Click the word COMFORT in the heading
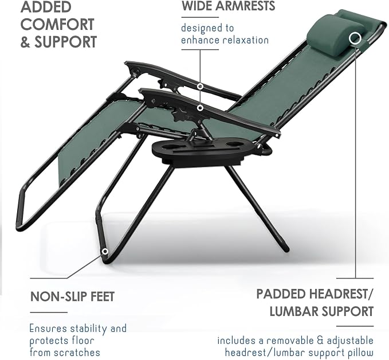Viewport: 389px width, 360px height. point(57,24)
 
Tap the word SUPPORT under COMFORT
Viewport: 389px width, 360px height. point(65,42)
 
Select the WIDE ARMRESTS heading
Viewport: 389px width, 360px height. point(228,6)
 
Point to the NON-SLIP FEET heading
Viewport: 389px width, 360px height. point(72,296)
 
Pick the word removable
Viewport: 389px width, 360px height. point(289,341)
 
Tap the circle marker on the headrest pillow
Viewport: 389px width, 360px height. point(355,38)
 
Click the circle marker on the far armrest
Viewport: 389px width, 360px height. point(200,87)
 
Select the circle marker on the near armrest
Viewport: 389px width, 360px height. point(201,108)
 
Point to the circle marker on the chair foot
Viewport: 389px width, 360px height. point(105,252)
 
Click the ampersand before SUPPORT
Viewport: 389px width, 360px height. point(25,42)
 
